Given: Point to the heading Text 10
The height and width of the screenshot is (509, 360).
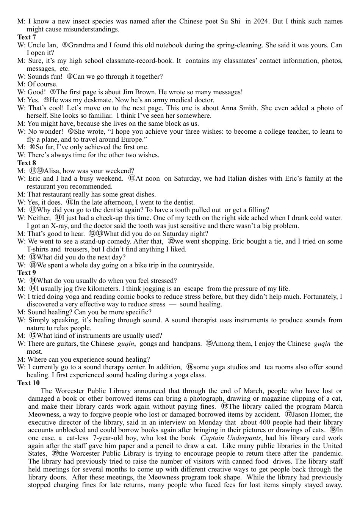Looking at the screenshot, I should [28, 383].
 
